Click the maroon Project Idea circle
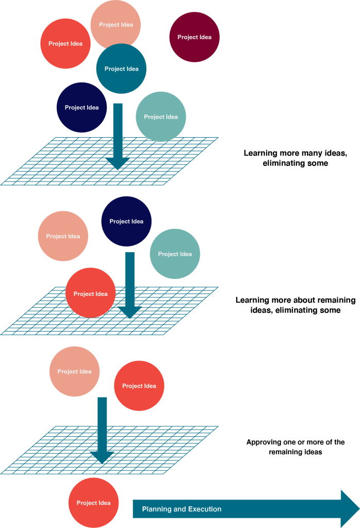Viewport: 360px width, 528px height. point(194,37)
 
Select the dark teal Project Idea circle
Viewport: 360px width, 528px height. point(122,69)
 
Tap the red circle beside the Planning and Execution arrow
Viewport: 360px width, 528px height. point(93,503)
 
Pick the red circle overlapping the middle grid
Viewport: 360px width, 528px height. point(90,293)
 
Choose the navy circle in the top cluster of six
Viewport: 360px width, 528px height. point(81,107)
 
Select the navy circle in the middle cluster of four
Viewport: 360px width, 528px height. point(126,221)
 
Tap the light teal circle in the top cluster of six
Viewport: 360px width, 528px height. point(161,117)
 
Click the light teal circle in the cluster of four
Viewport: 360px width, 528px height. point(175,254)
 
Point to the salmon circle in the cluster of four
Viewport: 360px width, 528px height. point(63,236)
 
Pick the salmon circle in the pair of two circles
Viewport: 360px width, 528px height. point(74,371)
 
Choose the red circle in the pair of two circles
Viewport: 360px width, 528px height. point(139,386)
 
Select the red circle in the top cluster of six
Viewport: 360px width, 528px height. point(66,43)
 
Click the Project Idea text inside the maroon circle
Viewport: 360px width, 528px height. point(194,37)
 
